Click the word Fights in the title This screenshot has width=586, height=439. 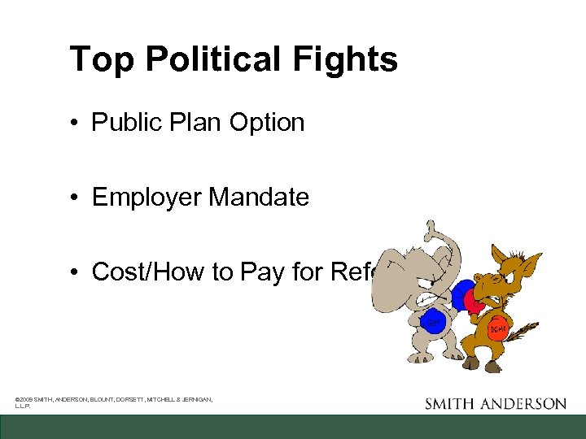tap(351, 59)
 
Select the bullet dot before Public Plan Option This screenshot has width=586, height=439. tap(74, 123)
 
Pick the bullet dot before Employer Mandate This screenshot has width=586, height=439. tap(74, 197)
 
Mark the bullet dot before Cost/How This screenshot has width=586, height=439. tap(74, 272)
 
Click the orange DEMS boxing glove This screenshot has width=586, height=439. tap(496, 330)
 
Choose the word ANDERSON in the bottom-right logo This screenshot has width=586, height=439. tap(530, 403)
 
